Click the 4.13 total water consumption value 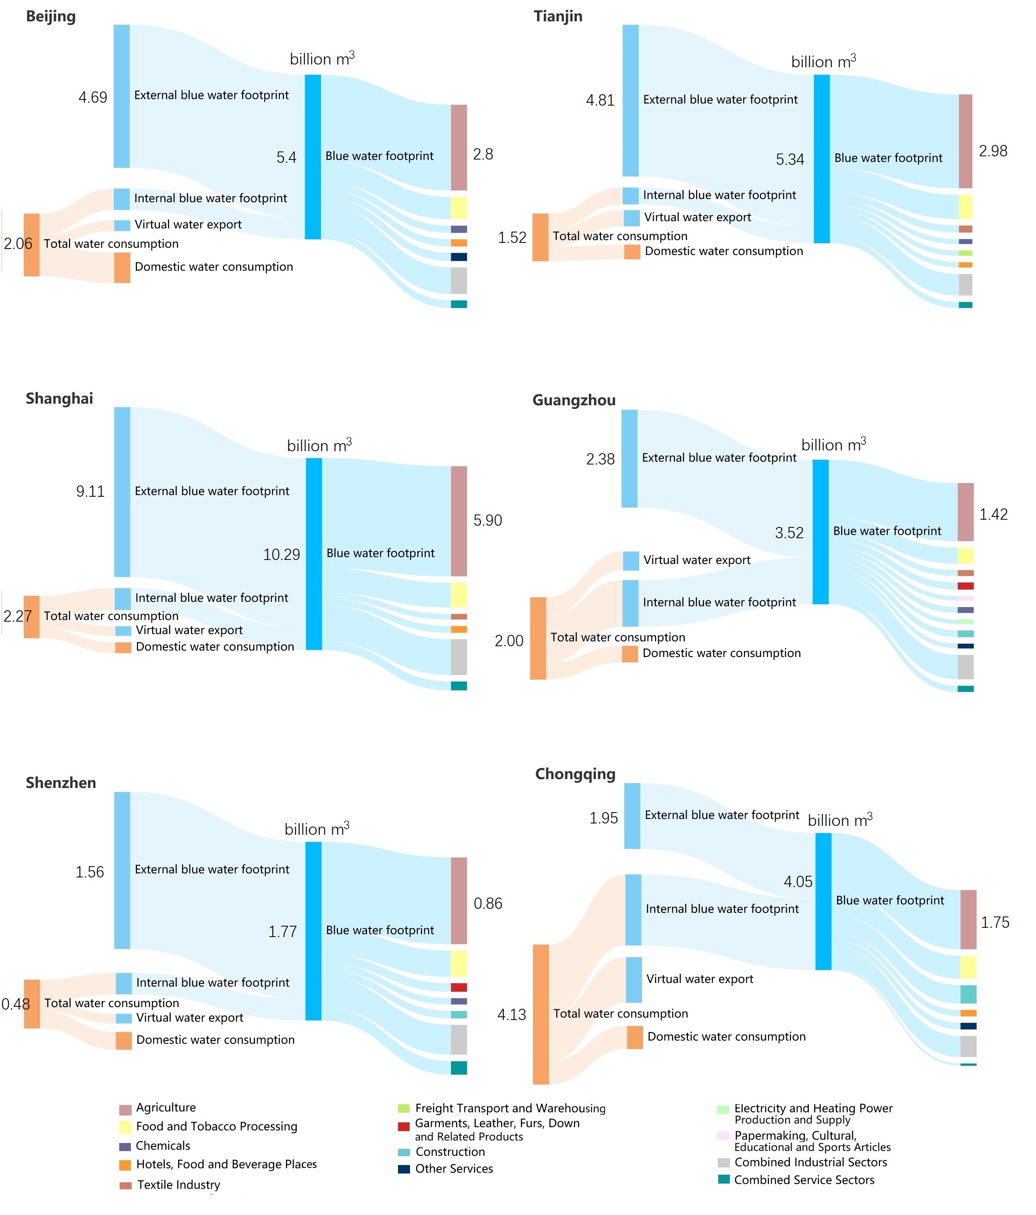click(x=511, y=1014)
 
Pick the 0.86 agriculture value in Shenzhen click(x=488, y=904)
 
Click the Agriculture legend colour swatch click(x=125, y=1109)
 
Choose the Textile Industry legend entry click(x=178, y=1184)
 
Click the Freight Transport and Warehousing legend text click(x=510, y=1108)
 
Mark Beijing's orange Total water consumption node click(x=32, y=245)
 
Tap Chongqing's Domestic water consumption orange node click(x=634, y=1037)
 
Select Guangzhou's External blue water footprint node click(x=629, y=458)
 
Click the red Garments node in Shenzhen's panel click(x=458, y=987)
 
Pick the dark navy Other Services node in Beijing click(x=458, y=257)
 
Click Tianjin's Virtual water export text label click(x=697, y=217)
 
